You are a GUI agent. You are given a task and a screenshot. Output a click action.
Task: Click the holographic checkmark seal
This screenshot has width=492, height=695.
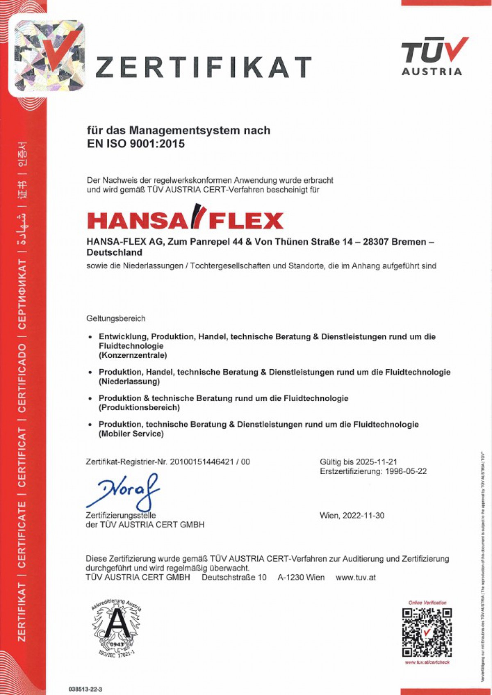(x=49, y=56)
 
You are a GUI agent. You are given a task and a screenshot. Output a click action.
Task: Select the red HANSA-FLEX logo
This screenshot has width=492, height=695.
(x=185, y=217)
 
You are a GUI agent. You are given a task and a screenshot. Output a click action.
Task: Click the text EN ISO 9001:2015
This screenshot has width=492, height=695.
(x=136, y=144)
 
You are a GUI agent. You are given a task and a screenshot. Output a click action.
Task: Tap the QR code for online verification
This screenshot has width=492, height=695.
(x=427, y=632)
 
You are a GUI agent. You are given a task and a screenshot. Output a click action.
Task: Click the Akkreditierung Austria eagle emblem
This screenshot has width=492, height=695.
(x=117, y=628)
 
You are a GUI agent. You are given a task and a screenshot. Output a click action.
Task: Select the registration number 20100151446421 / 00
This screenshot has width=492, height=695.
(x=210, y=462)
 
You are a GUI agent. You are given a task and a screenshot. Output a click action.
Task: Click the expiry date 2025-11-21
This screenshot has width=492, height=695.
(x=376, y=462)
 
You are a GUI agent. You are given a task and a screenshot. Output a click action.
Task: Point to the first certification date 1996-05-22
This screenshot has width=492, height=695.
(x=406, y=471)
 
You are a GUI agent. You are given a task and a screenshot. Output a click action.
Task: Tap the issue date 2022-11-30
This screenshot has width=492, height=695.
(x=363, y=515)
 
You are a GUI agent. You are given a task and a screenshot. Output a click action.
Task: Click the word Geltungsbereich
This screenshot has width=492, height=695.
(x=116, y=319)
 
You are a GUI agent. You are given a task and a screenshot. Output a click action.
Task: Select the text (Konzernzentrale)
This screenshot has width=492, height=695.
(x=133, y=355)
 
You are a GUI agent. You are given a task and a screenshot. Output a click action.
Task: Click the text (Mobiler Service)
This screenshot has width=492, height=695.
(x=131, y=434)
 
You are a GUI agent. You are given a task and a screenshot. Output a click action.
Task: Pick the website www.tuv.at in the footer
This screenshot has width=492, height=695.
(x=355, y=577)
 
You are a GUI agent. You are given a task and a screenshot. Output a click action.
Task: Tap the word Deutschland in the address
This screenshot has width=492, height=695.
(x=114, y=252)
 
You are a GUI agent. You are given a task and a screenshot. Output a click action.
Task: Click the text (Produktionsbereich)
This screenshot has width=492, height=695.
(x=139, y=408)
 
